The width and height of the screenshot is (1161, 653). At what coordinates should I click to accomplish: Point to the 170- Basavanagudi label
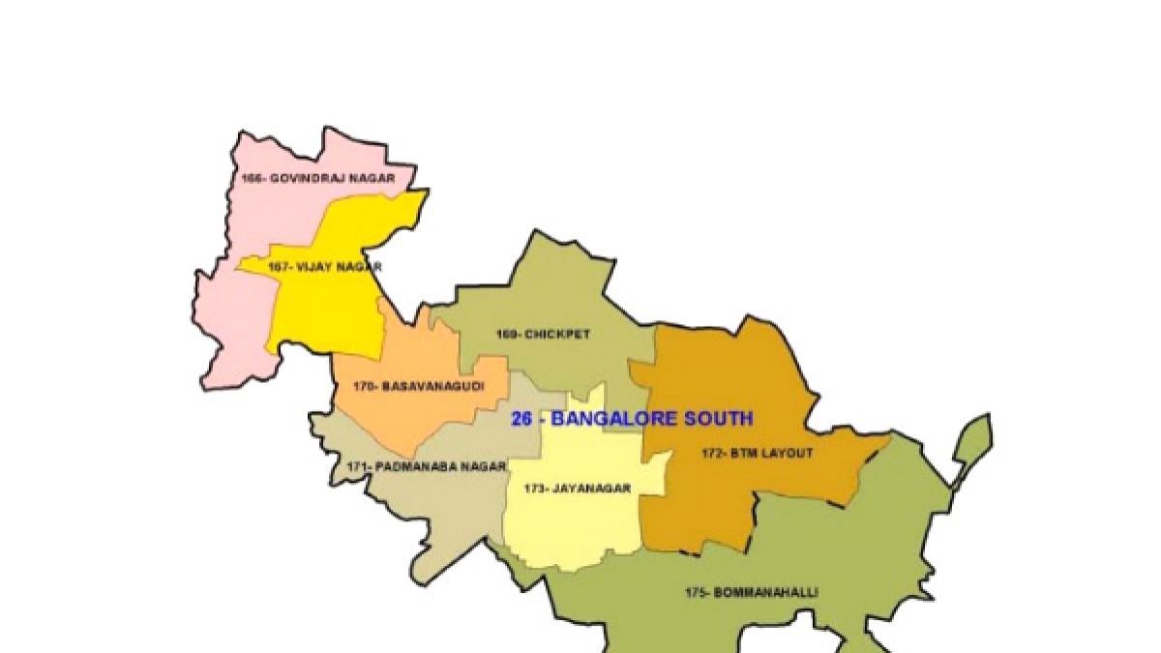417,386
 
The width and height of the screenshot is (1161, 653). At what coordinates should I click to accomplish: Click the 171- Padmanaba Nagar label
427,467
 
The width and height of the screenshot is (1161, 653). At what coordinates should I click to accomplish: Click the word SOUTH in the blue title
715,419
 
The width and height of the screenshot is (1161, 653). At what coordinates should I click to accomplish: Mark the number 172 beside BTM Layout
710,452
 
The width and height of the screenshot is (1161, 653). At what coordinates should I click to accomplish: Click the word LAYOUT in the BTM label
787,452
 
